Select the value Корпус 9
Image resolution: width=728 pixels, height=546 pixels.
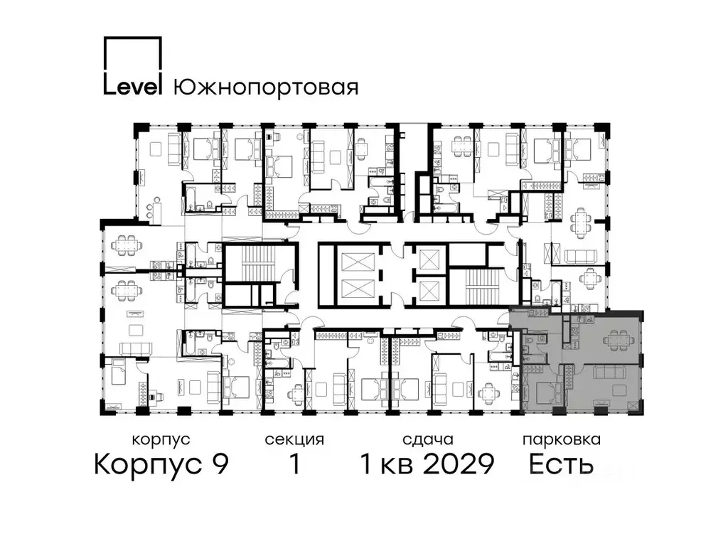tap(161, 465)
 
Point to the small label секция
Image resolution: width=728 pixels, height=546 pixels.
tap(294, 439)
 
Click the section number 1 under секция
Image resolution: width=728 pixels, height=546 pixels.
tap(294, 465)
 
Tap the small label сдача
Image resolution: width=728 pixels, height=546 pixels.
tap(427, 439)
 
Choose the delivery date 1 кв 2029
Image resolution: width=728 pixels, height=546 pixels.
tap(427, 465)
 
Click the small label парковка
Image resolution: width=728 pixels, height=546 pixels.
tap(561, 439)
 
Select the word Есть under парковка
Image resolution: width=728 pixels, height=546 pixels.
tap(561, 465)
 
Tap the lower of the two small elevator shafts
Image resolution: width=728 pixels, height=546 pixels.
tap(431, 289)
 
